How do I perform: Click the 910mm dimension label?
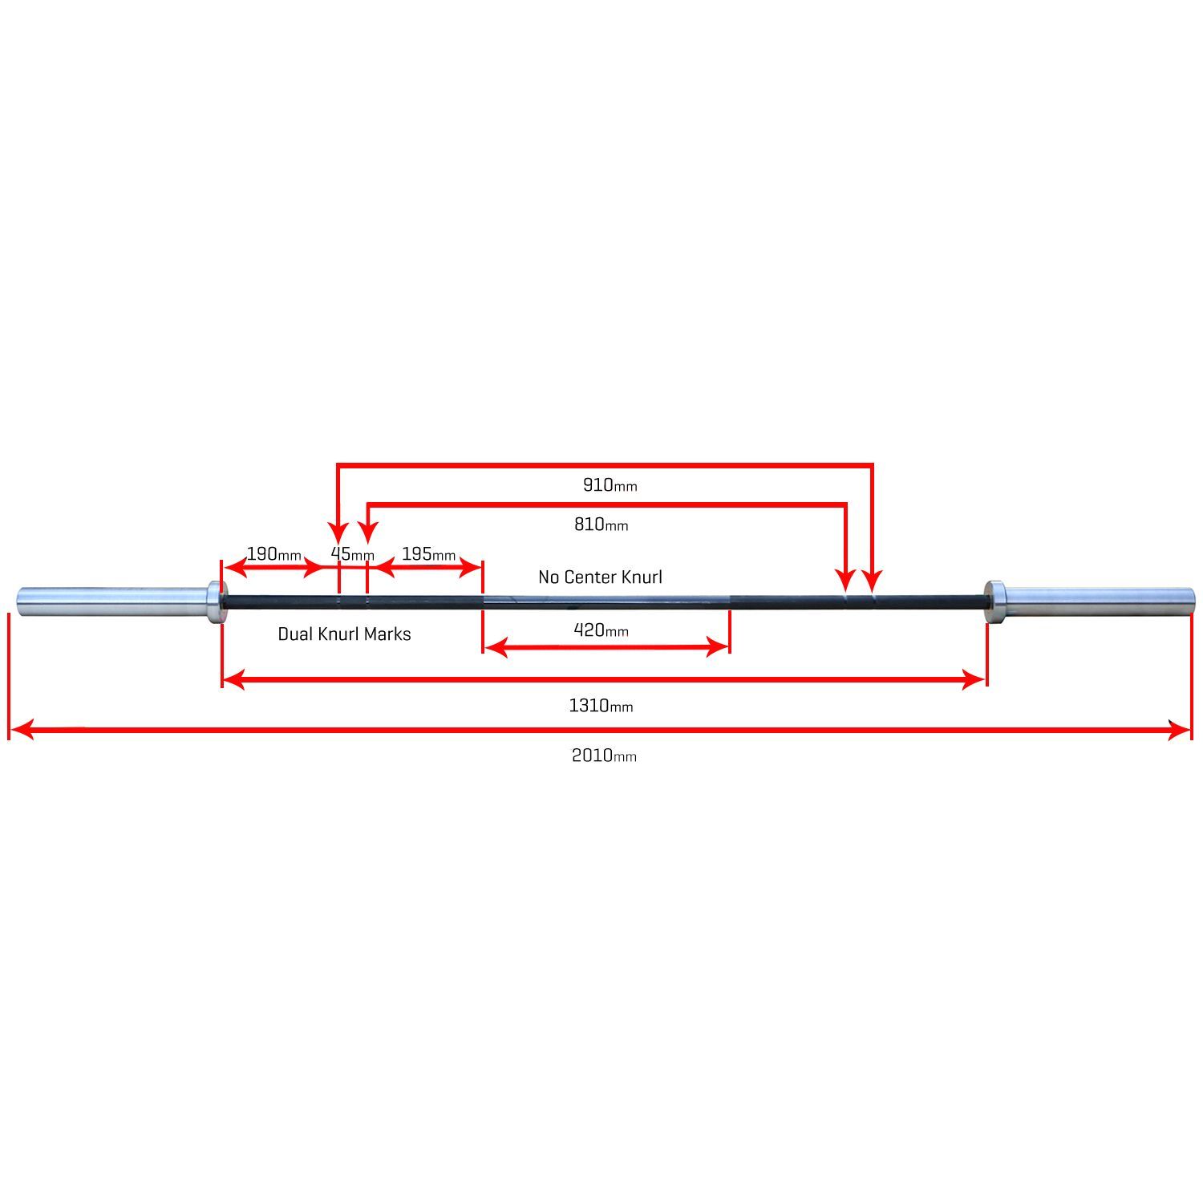(x=610, y=485)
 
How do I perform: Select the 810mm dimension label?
(x=601, y=525)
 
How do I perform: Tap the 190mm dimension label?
(x=273, y=554)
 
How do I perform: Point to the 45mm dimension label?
(x=352, y=554)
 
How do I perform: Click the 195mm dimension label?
(x=428, y=554)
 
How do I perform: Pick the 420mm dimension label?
(x=601, y=630)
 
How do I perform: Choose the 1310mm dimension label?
(x=601, y=706)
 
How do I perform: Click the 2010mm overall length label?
(x=604, y=755)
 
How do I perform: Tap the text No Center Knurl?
(x=600, y=577)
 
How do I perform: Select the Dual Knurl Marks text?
(x=344, y=634)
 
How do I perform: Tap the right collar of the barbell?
(x=994, y=601)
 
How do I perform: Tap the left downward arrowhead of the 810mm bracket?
(x=367, y=533)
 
